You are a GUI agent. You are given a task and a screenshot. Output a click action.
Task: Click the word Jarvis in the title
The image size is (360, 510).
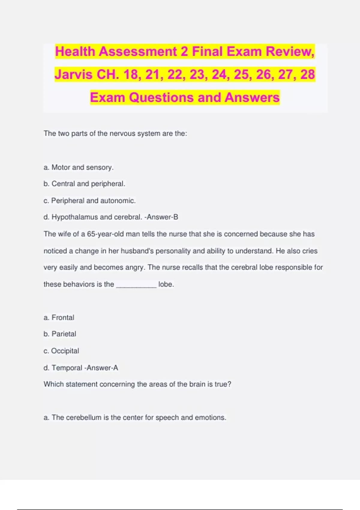[x=73, y=74]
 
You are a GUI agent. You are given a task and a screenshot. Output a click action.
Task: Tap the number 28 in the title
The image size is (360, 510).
[x=307, y=74]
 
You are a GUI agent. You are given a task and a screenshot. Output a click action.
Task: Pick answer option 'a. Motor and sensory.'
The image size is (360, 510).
[x=79, y=167]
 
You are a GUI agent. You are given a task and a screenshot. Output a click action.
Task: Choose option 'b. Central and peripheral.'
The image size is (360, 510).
[x=84, y=184]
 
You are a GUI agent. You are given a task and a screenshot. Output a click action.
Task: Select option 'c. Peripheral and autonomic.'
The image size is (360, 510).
[x=90, y=201]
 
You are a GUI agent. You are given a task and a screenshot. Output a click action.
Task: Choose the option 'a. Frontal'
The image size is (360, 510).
[x=59, y=318]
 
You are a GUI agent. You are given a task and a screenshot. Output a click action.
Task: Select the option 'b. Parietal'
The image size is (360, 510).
[x=60, y=334]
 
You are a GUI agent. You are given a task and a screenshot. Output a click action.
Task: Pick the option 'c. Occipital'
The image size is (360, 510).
[x=61, y=351]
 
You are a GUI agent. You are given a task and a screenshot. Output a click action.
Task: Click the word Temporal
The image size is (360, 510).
[x=67, y=368]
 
